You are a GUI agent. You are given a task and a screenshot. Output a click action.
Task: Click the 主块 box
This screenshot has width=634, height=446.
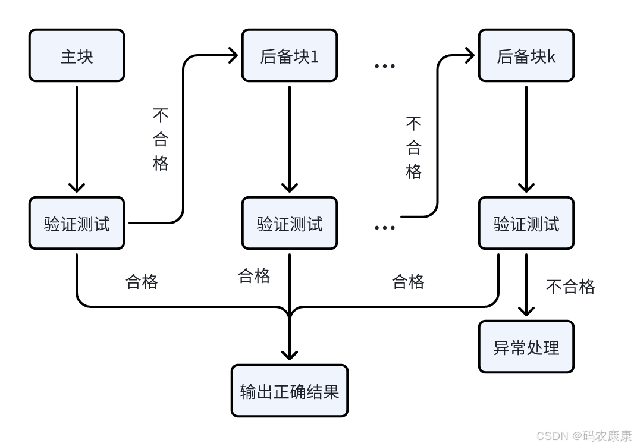(77, 55)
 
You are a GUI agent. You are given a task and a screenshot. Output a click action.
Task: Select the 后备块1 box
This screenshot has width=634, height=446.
(290, 55)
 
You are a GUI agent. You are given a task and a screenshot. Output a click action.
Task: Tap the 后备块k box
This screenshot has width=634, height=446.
(526, 55)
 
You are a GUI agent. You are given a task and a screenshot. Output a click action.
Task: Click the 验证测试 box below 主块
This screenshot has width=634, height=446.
(77, 223)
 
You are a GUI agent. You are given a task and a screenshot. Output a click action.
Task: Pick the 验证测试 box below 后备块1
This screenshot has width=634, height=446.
(290, 223)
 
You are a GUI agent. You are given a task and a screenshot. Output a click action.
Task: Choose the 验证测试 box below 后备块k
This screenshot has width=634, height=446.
(526, 223)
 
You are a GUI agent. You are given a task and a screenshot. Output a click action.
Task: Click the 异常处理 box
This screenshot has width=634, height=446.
(526, 347)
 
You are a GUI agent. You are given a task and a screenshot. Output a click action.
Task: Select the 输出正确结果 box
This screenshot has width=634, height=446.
(290, 391)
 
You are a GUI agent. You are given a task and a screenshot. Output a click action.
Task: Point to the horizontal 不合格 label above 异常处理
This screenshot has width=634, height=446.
(570, 287)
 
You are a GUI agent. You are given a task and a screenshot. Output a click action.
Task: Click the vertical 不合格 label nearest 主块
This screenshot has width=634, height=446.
(161, 139)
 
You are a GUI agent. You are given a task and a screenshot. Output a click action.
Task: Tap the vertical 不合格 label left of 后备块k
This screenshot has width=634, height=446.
(414, 147)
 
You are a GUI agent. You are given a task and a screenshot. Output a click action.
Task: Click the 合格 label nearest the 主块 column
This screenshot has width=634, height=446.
(142, 281)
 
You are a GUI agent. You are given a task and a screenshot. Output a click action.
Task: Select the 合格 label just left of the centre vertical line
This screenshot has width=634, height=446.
(254, 275)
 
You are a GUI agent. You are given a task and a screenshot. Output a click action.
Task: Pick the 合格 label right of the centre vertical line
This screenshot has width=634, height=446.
(408, 281)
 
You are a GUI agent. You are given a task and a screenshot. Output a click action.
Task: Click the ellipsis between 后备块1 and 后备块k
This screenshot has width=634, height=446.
(384, 65)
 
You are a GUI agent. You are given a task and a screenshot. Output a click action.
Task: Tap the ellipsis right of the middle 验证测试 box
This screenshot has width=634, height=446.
(384, 227)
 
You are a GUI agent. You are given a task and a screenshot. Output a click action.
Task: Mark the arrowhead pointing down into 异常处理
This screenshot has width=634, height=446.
(526, 311)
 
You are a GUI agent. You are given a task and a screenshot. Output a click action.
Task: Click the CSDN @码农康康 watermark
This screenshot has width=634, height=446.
(583, 436)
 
